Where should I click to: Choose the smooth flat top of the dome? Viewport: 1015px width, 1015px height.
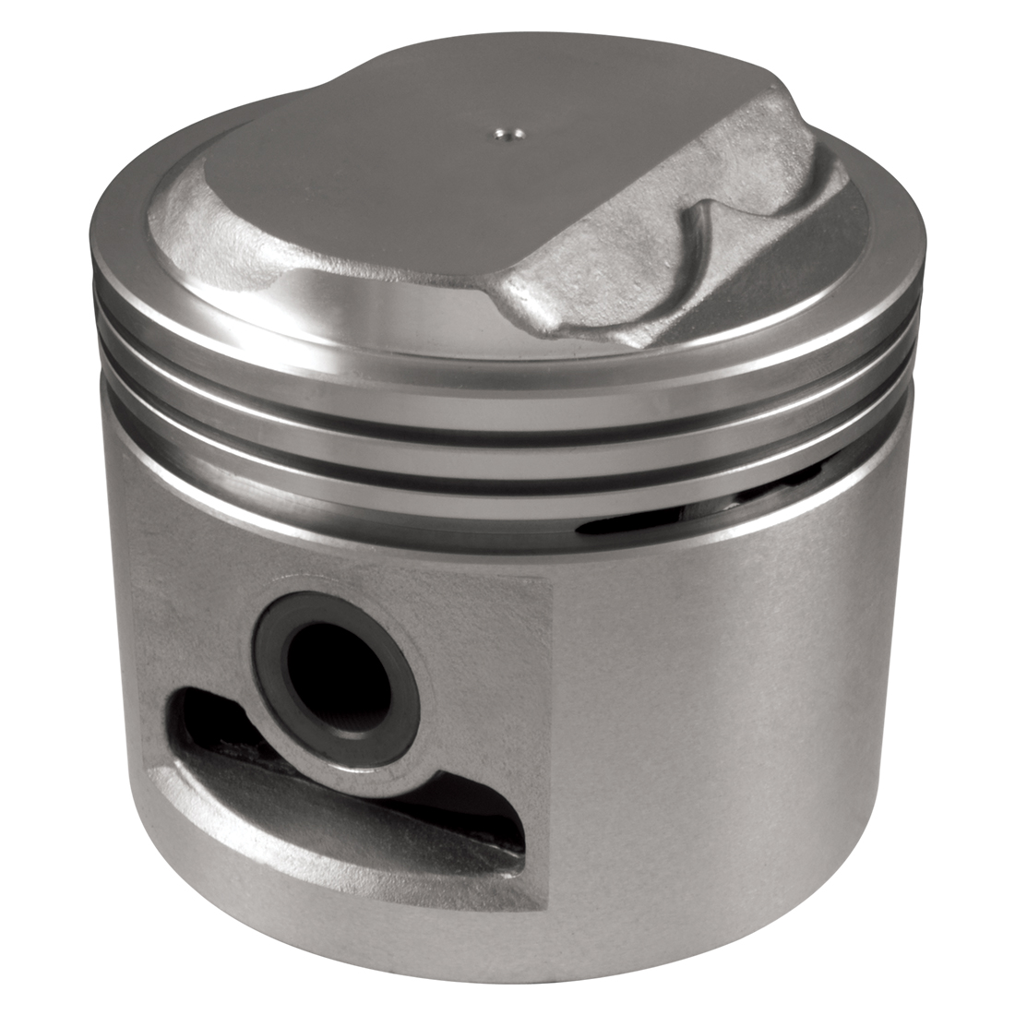[406, 185]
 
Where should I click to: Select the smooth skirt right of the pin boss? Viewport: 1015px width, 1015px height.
[738, 720]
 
